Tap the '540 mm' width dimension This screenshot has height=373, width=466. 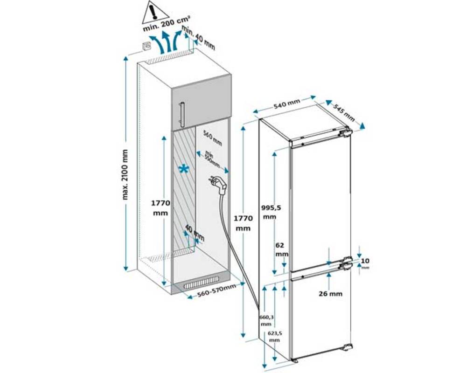(x=286, y=105)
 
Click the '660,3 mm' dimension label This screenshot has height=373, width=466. (x=266, y=320)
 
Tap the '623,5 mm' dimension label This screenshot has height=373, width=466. (x=275, y=337)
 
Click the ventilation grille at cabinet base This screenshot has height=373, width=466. (x=201, y=283)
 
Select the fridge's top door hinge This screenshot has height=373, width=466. (x=345, y=133)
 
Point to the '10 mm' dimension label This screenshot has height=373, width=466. (x=365, y=262)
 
